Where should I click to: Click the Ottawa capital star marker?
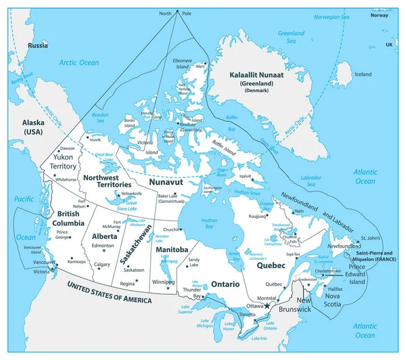pos(267,307)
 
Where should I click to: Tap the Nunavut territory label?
pos(166,183)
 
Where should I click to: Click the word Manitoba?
pos(172,250)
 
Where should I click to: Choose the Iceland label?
pos(363,74)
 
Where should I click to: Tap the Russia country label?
pos(37,45)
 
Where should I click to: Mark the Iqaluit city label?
pos(251,173)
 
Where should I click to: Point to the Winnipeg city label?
pos(160,282)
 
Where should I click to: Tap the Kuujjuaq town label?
pos(257,217)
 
